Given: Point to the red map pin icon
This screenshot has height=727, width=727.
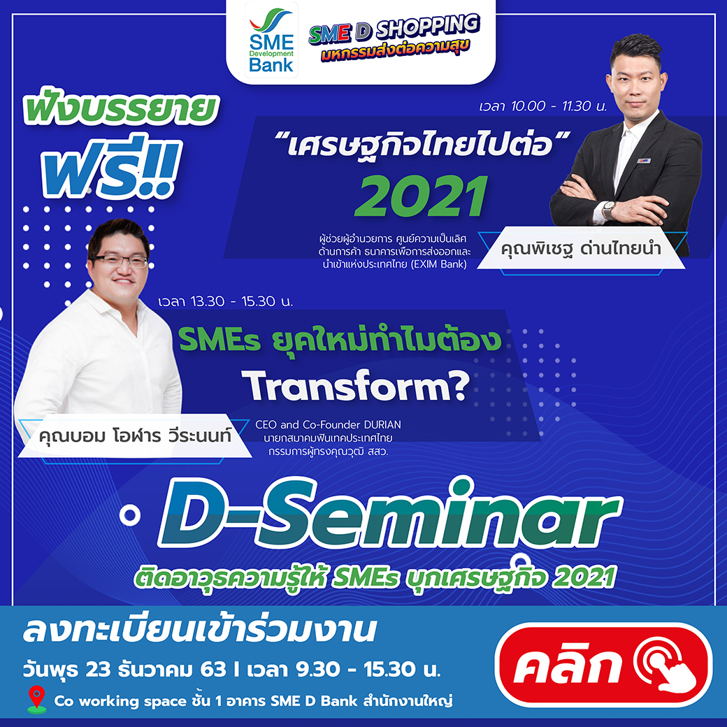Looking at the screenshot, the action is click(x=36, y=699).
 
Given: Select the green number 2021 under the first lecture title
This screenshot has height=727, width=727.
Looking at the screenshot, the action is click(x=422, y=196).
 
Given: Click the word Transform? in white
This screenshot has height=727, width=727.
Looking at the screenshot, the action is click(x=356, y=386).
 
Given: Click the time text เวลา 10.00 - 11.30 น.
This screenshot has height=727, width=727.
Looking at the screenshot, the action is click(x=543, y=106).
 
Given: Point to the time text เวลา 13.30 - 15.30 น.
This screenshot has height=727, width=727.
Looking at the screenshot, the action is click(x=225, y=301).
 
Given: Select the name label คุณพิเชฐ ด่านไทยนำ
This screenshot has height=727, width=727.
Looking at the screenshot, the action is click(x=581, y=249).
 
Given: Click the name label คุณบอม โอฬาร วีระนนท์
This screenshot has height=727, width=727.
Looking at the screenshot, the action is click(x=135, y=436).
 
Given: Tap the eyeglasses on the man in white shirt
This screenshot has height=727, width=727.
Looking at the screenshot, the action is click(x=120, y=261).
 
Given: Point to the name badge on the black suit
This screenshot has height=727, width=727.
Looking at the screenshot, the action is click(x=645, y=161).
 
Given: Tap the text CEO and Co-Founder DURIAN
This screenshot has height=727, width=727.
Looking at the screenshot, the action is click(x=329, y=425).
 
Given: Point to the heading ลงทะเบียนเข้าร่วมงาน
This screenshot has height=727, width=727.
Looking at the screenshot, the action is click(x=199, y=630).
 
